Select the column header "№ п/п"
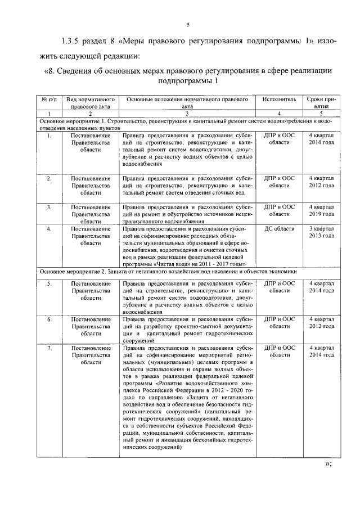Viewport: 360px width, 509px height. pyautogui.click(x=48, y=99)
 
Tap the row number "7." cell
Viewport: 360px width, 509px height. pyautogui.click(x=49, y=348)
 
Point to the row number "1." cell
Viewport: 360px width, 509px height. pyautogui.click(x=49, y=136)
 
